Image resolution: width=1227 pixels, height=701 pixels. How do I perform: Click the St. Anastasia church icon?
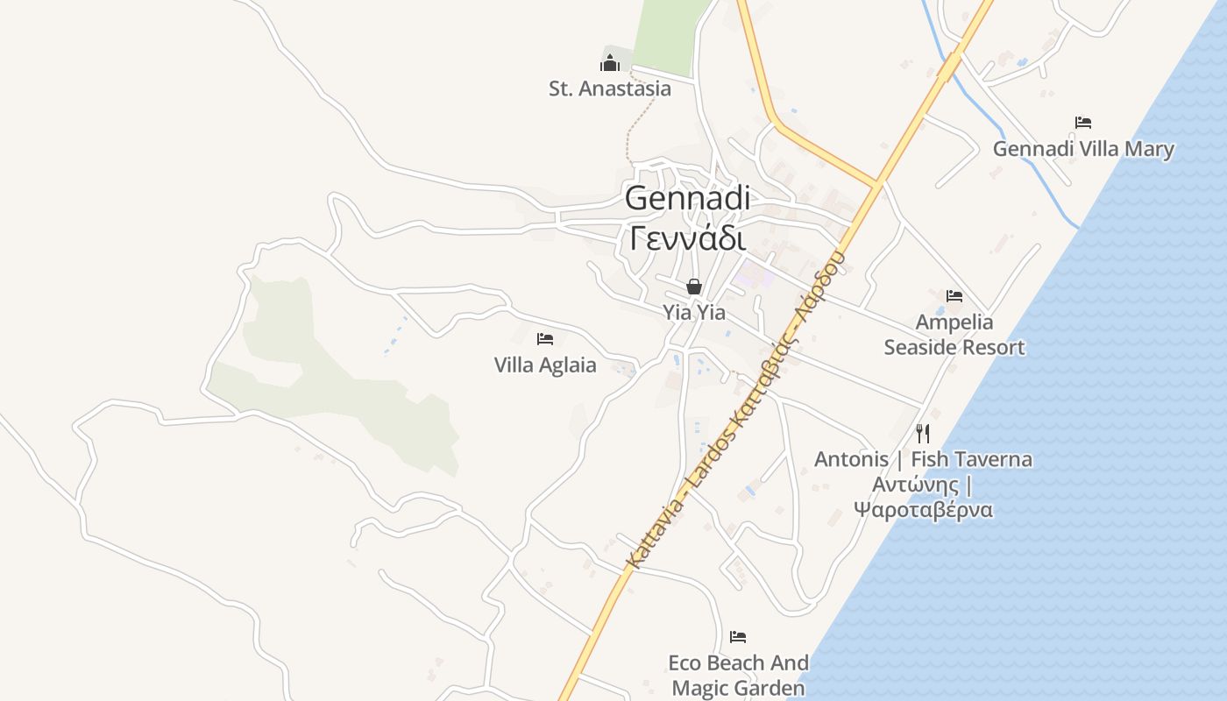point(610,62)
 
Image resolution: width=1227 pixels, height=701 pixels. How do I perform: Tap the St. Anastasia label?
point(610,89)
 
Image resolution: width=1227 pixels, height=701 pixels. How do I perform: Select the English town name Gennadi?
point(687,198)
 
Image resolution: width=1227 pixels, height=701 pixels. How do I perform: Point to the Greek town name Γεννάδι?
point(687,237)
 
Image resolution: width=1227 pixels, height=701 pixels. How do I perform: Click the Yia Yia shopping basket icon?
point(694,287)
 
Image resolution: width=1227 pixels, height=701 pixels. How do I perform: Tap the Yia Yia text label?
point(694,312)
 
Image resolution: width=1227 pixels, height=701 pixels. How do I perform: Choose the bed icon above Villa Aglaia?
point(545,339)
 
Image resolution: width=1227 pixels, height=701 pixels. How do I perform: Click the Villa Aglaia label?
point(545,365)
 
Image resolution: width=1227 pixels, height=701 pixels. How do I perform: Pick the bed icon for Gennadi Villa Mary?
point(1083,123)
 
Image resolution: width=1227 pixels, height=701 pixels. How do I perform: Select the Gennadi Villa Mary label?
point(1083,149)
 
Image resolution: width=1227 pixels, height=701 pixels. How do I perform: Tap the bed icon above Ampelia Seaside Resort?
point(954,296)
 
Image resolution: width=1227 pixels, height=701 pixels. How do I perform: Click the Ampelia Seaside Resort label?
point(954,335)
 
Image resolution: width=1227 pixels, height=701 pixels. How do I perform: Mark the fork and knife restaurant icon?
point(922,433)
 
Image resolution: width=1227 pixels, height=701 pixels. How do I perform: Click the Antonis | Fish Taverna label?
point(923,459)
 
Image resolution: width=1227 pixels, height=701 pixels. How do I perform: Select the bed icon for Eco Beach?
point(738,637)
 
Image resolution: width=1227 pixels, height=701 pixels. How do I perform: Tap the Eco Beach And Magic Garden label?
point(738,676)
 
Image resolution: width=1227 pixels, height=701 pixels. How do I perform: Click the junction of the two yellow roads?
point(877,185)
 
